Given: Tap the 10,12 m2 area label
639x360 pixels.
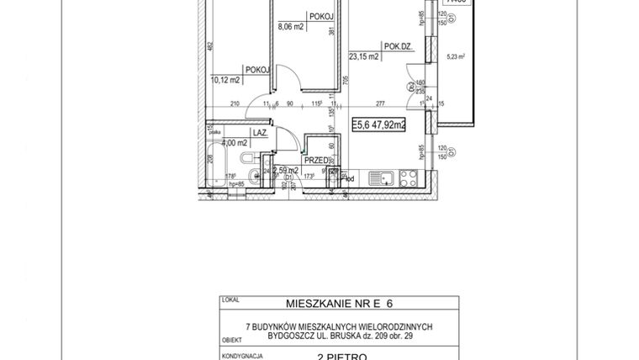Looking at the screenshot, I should [x=226, y=81].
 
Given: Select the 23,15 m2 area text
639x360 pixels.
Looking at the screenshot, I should [x=364, y=58].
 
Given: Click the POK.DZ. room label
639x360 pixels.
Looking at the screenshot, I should [x=397, y=48].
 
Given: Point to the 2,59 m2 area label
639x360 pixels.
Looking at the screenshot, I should [x=286, y=170].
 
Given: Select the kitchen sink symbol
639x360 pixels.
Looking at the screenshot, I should [x=384, y=177].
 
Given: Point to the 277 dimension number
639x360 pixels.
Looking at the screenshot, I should [x=380, y=105].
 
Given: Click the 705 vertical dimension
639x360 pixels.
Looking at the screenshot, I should [x=345, y=80].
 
